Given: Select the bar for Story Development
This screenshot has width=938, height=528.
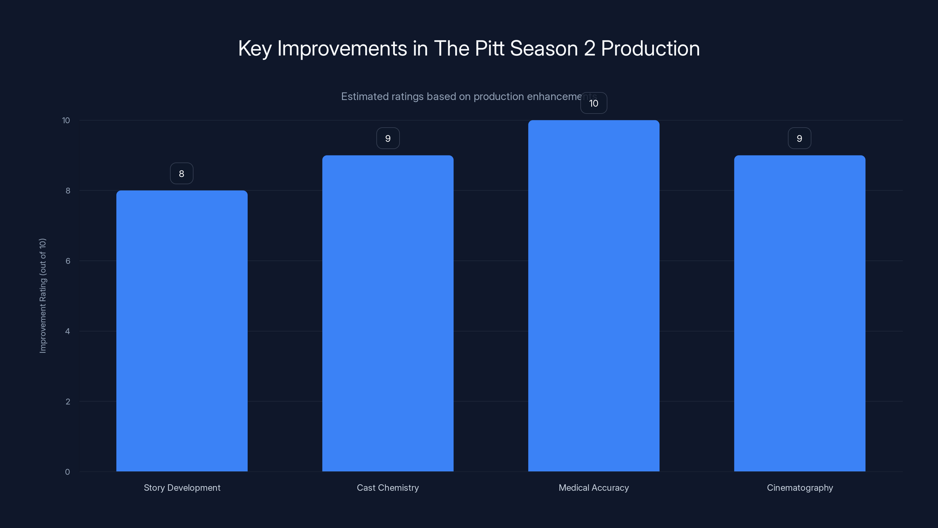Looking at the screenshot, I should point(182,331).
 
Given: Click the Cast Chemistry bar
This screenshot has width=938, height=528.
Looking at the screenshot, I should point(388,313).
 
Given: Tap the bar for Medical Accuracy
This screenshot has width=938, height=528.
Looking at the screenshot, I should point(594,296).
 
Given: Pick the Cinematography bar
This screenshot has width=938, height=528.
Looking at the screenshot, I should point(799,313).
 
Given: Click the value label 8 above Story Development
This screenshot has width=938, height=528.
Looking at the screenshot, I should point(182,173).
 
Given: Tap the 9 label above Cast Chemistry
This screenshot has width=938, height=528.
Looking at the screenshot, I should point(388,138).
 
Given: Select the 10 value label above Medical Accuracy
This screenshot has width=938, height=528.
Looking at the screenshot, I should point(594,103).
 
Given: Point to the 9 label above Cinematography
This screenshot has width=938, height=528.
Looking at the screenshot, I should point(799,138).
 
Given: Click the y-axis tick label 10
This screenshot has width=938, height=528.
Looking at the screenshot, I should point(66,120).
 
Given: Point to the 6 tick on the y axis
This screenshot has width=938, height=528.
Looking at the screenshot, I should point(68,261).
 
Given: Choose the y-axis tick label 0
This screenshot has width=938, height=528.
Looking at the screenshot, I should point(67,472).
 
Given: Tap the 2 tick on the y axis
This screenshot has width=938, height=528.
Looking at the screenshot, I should point(68,402).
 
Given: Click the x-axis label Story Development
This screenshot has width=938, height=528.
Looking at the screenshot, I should point(182,488).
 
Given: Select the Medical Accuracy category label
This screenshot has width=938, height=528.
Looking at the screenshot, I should point(594,488).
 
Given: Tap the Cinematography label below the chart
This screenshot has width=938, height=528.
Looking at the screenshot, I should point(800,488).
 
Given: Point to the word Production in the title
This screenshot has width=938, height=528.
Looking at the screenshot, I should point(650,48).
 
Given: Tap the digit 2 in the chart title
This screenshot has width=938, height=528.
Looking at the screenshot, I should point(589,48).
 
